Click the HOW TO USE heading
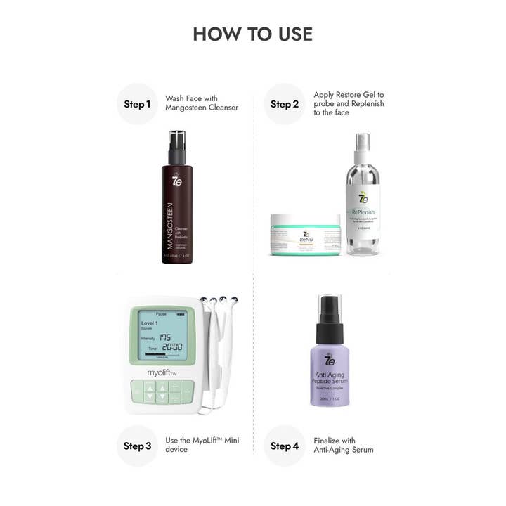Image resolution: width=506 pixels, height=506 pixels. [252, 34]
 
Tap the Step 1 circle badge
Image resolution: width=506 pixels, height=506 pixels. [137, 104]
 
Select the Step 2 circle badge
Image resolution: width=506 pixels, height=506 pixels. [285, 104]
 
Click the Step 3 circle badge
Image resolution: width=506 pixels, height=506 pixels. [137, 446]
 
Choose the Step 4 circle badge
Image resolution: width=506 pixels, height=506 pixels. [285, 446]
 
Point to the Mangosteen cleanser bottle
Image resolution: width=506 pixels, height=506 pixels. [176, 204]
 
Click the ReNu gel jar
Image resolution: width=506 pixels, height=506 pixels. [306, 235]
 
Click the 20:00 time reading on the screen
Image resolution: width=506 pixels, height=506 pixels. [172, 347]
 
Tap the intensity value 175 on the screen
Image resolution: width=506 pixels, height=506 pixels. [166, 337]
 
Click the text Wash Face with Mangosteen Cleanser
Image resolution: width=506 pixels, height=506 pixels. [202, 103]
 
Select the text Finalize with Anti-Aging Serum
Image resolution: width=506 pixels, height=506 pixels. [344, 446]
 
